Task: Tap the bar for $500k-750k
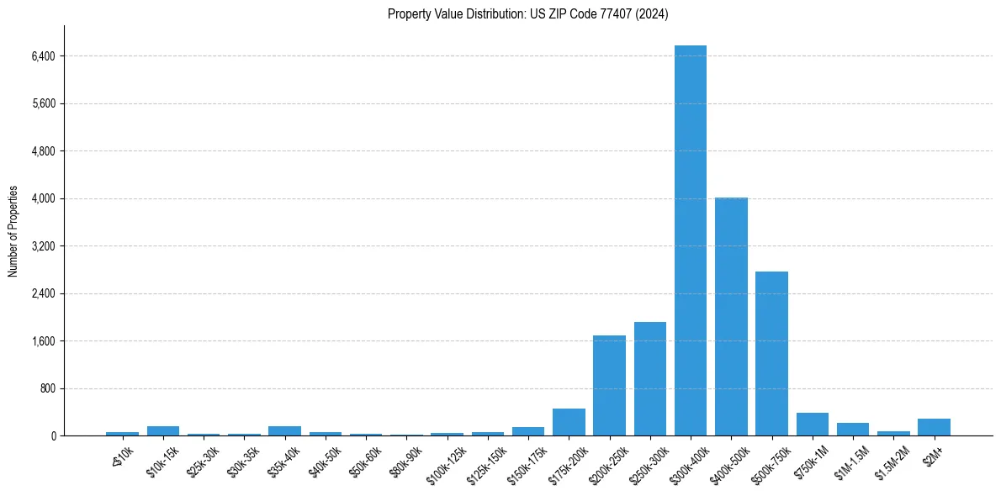coord(771,354)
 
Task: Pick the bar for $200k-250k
coord(609,386)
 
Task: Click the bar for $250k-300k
coord(650,379)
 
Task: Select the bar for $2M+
coord(934,427)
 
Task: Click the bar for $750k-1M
coord(813,425)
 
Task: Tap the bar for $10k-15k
coord(163,431)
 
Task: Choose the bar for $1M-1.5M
coord(853,430)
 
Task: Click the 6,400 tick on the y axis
coord(43,56)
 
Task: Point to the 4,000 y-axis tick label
coord(43,199)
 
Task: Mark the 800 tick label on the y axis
coord(47,389)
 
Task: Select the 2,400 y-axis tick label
coord(43,294)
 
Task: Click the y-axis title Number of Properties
coord(13,231)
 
